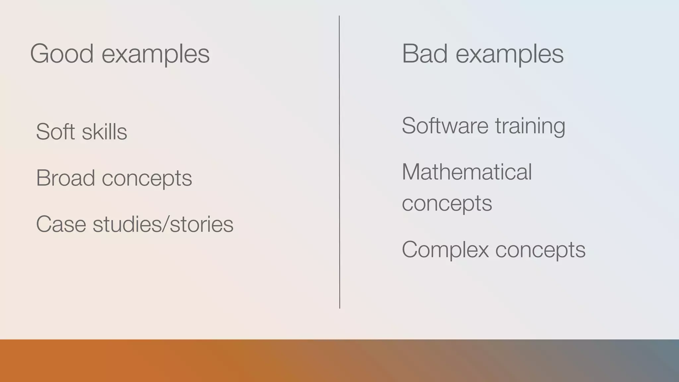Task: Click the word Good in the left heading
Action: click(62, 54)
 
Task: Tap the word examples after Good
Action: click(155, 55)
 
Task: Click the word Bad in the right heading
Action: click(425, 54)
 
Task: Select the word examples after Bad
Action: click(510, 55)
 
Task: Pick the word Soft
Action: click(55, 132)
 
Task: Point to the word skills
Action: click(104, 132)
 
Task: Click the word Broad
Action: click(65, 178)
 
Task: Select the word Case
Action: click(61, 224)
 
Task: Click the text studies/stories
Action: click(163, 224)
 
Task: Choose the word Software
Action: click(445, 126)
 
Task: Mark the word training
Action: click(530, 127)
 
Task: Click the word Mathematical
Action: click(467, 172)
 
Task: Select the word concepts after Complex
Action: click(540, 250)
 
